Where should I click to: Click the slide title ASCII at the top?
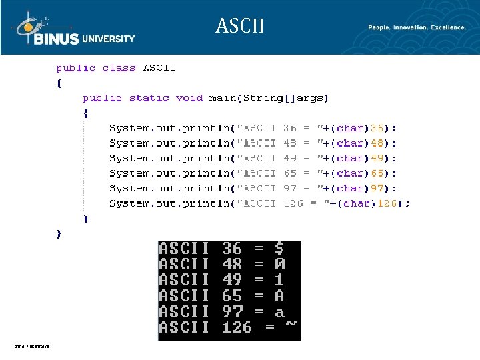click(x=240, y=26)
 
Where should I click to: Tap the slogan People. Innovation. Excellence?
click(x=417, y=27)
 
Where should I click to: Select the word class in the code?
click(x=119, y=68)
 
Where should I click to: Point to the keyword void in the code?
click(x=189, y=98)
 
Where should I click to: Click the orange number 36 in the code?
click(x=377, y=128)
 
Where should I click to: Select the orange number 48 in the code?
click(x=377, y=143)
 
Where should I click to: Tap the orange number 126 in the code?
click(x=387, y=203)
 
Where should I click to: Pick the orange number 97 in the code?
click(x=377, y=189)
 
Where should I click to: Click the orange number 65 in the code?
click(x=377, y=173)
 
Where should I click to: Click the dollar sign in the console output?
click(x=279, y=249)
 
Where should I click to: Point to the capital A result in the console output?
click(x=279, y=296)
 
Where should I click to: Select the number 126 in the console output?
click(x=237, y=327)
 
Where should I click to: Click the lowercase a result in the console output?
click(x=279, y=312)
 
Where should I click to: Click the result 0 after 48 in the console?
click(x=279, y=265)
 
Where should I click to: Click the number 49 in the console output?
click(x=232, y=280)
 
